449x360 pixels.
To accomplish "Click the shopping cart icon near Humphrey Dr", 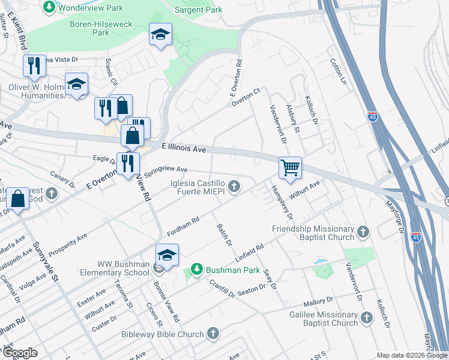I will click(291, 167).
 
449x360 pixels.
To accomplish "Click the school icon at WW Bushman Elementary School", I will click(167, 254).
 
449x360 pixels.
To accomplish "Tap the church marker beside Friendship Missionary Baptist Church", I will click(363, 232).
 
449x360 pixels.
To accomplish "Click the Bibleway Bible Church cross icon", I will click(213, 334).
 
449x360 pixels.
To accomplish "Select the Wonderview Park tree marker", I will click(49, 7).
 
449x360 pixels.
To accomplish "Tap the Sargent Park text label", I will click(198, 10).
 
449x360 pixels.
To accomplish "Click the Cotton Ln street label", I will click(339, 71).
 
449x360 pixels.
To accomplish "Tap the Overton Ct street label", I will click(247, 97).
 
